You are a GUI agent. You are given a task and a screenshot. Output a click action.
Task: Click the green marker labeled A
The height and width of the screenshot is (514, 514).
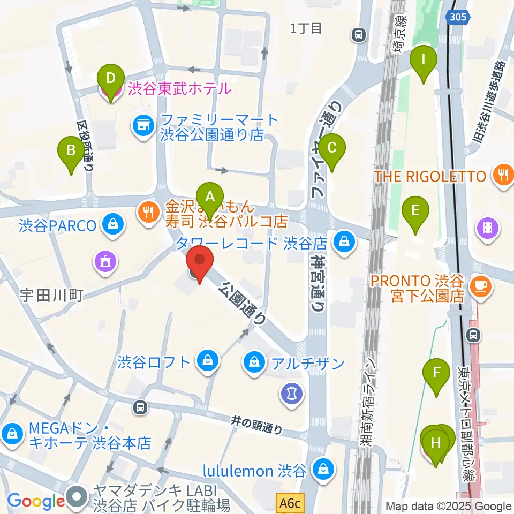210,197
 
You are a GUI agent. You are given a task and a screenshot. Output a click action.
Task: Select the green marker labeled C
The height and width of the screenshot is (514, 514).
332,147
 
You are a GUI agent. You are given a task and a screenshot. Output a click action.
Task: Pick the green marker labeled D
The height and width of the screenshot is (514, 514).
111,79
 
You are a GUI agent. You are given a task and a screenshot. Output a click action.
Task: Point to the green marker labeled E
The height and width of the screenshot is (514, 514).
415,210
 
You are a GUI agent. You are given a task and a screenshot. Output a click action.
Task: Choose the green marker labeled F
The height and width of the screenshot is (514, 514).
437,372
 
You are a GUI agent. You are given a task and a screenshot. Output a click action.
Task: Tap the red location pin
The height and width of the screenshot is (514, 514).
200,261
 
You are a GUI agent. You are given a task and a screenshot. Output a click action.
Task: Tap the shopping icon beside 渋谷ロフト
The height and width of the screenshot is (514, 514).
206,361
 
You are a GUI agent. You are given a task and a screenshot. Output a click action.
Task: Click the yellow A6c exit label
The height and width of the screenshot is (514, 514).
291,503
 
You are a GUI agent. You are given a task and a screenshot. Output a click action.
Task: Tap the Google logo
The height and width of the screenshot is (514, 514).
36,501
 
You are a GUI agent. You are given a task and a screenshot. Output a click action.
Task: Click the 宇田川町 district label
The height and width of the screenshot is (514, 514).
51,294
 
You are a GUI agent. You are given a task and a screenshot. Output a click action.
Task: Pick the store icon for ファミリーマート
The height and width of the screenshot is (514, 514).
143,126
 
